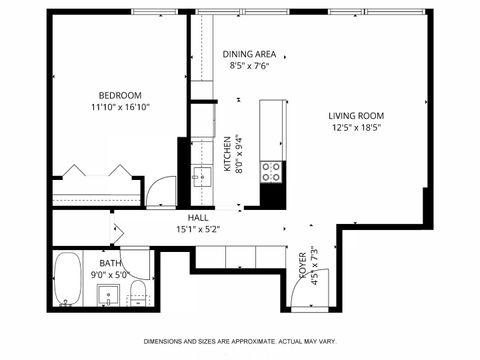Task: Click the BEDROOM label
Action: tap(119, 95)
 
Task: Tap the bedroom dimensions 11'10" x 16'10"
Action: tap(119, 107)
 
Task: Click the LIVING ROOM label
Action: tap(357, 115)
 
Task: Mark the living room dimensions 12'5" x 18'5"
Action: tap(357, 128)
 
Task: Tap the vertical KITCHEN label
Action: tap(228, 155)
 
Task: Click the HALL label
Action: tap(198, 217)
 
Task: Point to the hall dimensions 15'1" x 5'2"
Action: tap(198, 229)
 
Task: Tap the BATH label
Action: tap(111, 263)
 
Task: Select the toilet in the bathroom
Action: tap(139, 292)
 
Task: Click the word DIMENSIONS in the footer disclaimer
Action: tap(167, 341)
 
